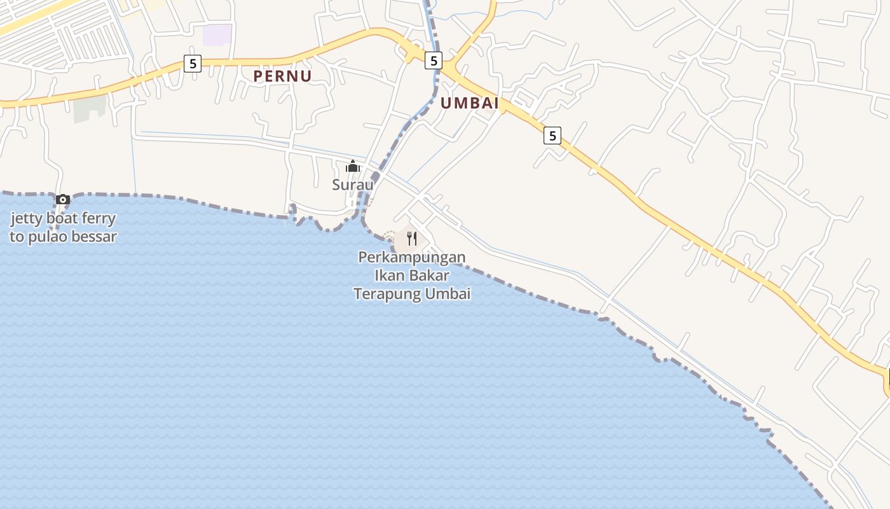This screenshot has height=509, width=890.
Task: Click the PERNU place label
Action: click(282, 76)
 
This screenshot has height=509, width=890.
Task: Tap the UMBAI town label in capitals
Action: click(469, 103)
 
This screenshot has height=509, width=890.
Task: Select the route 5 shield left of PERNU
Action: click(193, 64)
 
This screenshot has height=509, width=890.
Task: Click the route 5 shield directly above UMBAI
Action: click(434, 60)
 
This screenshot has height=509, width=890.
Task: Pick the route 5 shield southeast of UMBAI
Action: click(552, 136)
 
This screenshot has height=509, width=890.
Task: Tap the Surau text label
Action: click(352, 185)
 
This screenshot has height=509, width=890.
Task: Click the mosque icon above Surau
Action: click(352, 167)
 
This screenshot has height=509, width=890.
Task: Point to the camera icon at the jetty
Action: click(62, 200)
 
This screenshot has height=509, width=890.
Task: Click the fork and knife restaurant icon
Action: click(412, 239)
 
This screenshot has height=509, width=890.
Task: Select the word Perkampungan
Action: click(412, 258)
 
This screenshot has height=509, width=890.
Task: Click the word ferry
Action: click(98, 219)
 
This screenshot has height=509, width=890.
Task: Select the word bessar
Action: click(97, 237)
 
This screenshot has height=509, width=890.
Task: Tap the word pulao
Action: click(49, 237)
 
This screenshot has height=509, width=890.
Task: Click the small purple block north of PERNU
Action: click(217, 35)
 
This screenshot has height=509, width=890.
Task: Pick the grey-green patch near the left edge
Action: click(88, 109)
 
